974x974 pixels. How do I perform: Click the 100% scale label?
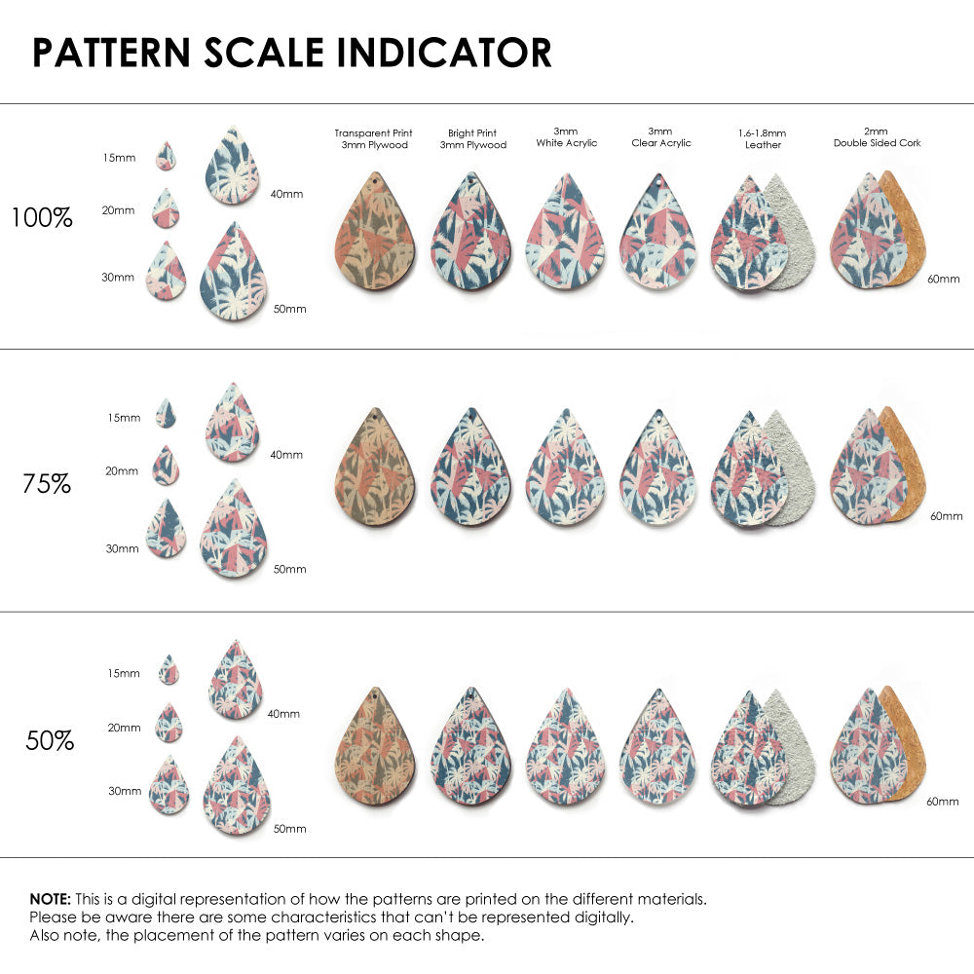pyautogui.click(x=42, y=218)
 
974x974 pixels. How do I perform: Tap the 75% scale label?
pyautogui.click(x=47, y=483)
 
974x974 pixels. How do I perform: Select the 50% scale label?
pyautogui.click(x=50, y=740)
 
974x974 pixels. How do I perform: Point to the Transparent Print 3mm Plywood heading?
pyautogui.click(x=373, y=138)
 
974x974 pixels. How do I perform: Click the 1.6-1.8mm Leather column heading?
pyautogui.click(x=762, y=138)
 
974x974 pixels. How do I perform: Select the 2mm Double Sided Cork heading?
pyautogui.click(x=877, y=136)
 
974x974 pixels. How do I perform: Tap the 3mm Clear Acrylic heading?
pyautogui.click(x=660, y=136)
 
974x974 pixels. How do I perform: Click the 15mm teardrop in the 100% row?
pyautogui.click(x=166, y=156)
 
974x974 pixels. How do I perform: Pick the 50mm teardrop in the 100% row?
pyautogui.click(x=234, y=275)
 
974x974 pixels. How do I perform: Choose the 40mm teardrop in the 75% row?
pyautogui.click(x=233, y=424)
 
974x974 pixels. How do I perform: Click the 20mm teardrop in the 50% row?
pyautogui.click(x=169, y=724)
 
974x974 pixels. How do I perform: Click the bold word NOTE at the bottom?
pyautogui.click(x=49, y=898)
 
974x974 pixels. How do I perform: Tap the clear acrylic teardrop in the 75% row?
pyautogui.click(x=657, y=470)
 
